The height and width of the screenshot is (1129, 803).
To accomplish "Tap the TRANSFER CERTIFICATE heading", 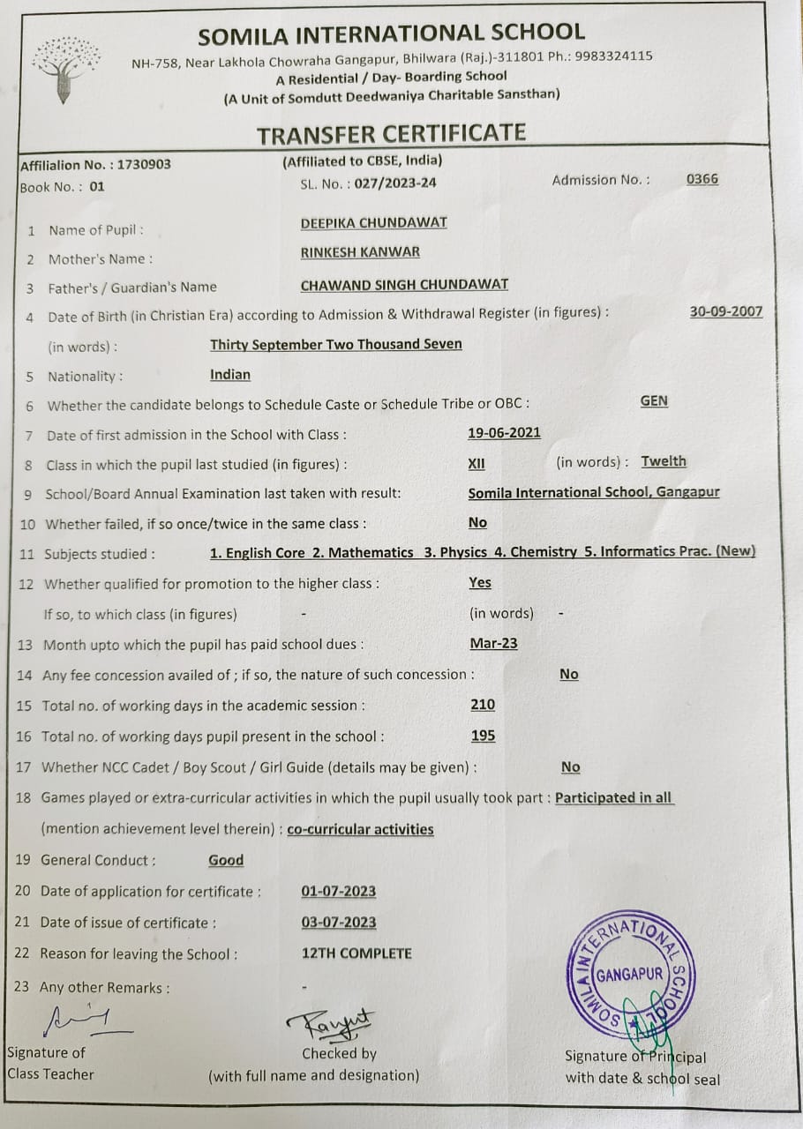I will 391,134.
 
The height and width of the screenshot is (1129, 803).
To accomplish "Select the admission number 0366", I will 702,179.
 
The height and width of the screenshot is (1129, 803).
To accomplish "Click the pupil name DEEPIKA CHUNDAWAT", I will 373,222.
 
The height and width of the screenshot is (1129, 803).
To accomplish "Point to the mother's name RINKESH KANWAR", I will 360,251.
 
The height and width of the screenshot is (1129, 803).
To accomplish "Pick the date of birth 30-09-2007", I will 726,311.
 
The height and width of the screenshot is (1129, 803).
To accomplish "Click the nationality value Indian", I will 230,375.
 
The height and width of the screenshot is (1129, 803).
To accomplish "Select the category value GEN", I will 654,401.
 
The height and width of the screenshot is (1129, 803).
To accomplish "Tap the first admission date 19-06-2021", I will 504,433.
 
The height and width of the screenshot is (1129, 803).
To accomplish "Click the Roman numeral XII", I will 477,463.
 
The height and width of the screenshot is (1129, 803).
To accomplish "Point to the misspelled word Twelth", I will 664,461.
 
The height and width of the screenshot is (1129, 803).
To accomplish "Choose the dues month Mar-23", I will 494,643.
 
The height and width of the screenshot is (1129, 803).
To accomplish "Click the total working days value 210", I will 483,705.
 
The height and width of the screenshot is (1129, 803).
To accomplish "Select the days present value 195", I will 483,736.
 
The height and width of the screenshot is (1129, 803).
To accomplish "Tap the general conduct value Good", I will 226,860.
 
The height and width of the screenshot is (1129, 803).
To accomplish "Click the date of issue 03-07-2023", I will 339,922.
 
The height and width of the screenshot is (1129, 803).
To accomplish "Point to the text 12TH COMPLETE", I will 356,953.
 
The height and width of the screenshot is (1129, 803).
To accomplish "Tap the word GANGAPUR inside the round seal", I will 629,976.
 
